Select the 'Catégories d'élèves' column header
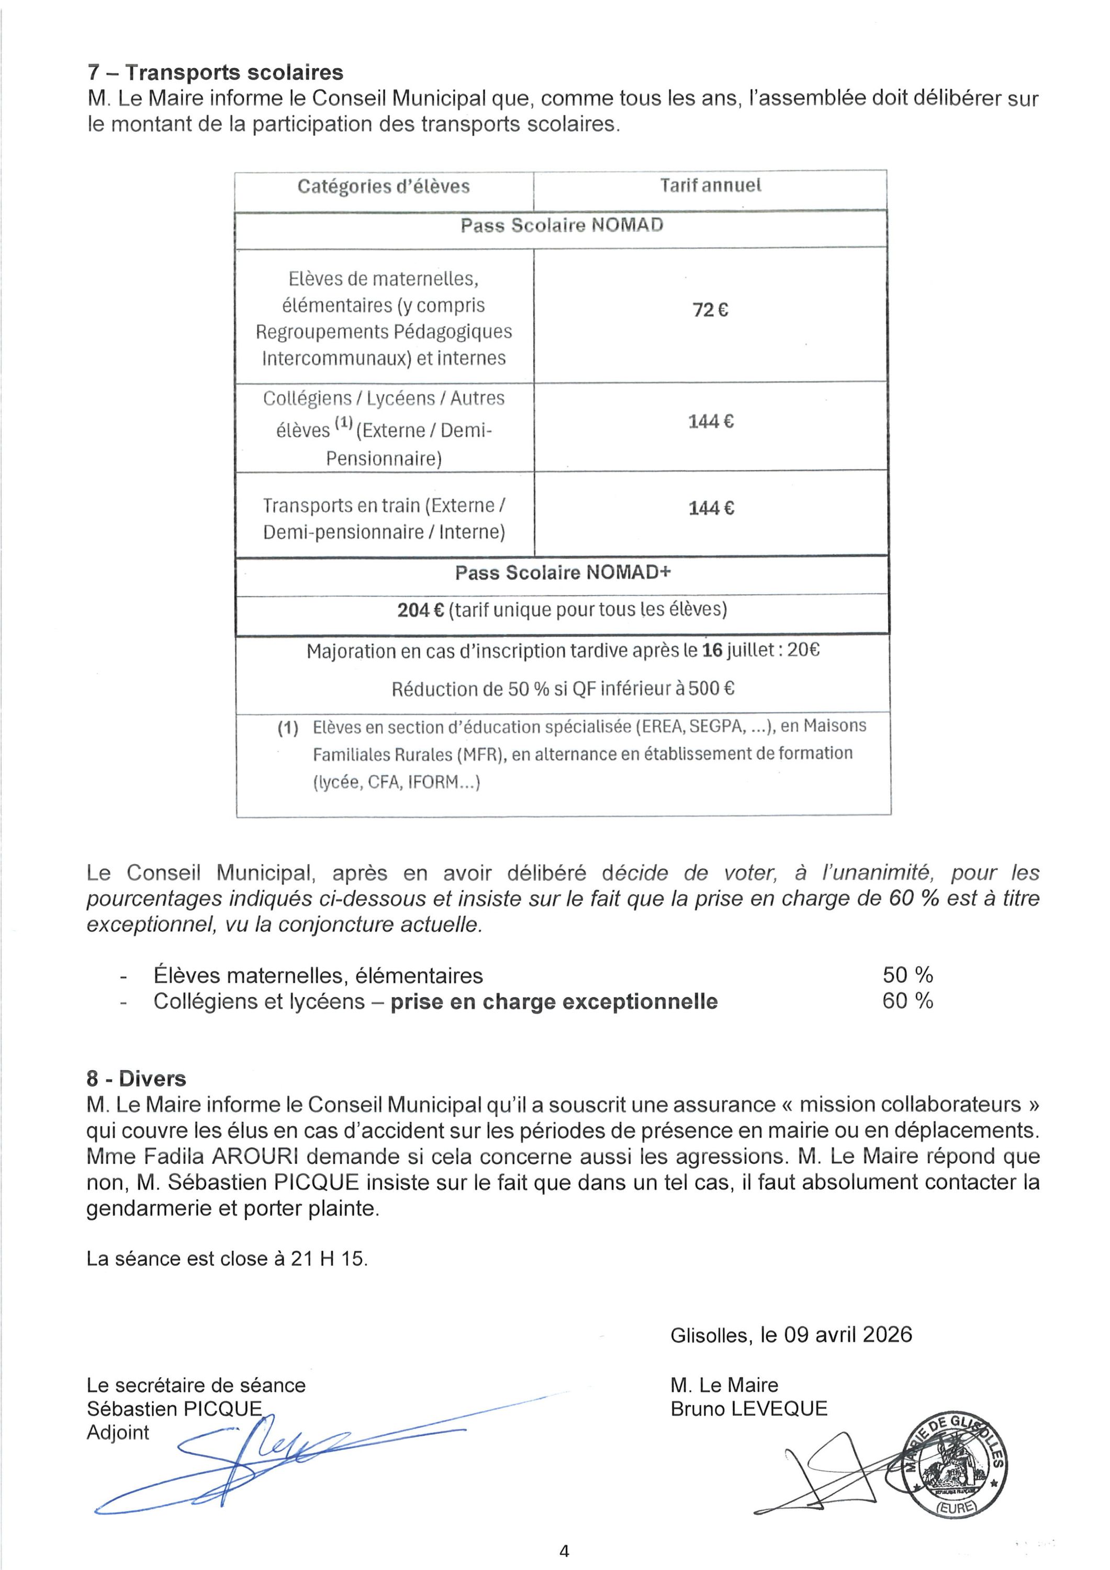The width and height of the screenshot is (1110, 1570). (x=383, y=187)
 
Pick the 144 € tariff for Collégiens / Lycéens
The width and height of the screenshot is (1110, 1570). (x=711, y=421)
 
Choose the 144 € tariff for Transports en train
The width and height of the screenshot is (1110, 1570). (x=711, y=508)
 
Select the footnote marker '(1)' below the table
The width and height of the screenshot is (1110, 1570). (x=288, y=727)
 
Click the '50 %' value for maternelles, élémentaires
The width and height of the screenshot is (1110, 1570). (x=907, y=974)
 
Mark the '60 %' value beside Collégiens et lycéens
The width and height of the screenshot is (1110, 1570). (x=907, y=1001)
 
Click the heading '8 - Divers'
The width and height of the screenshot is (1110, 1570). (x=136, y=1079)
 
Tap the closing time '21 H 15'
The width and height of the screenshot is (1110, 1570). (x=328, y=1259)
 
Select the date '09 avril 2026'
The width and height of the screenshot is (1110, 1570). (x=847, y=1335)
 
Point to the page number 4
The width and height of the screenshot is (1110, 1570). (x=564, y=1551)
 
